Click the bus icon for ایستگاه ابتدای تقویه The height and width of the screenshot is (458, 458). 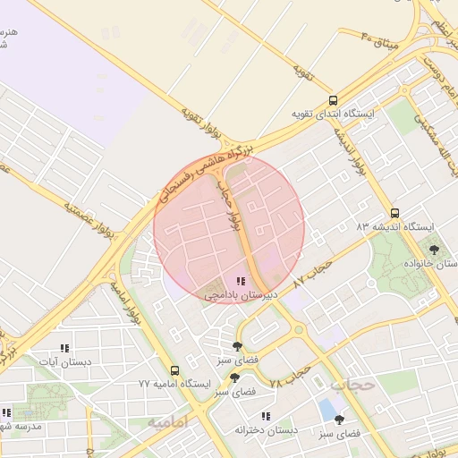click(x=334, y=101)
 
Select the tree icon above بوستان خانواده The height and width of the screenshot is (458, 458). click(x=434, y=250)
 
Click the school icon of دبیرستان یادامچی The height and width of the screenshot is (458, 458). click(x=240, y=281)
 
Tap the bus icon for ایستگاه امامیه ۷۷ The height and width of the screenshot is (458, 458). click(x=174, y=369)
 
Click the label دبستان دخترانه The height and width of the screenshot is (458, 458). click(x=265, y=430)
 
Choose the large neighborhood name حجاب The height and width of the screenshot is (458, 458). click(x=350, y=386)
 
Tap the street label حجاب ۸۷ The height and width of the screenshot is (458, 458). click(x=313, y=272)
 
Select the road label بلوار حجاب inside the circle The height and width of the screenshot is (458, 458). click(x=231, y=205)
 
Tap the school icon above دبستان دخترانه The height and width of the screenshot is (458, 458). click(x=265, y=416)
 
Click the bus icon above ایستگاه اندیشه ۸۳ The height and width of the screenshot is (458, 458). click(x=395, y=214)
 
